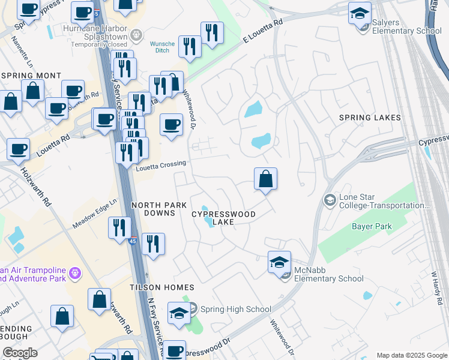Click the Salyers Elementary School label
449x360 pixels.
click(x=406, y=26)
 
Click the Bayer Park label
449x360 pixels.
click(x=372, y=227)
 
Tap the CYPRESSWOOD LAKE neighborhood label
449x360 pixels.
click(x=223, y=218)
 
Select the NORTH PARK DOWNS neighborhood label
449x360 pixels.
click(x=159, y=209)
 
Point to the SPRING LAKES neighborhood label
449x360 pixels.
click(x=370, y=118)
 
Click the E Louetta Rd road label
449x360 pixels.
click(x=263, y=31)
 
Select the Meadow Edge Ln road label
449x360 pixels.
click(x=94, y=214)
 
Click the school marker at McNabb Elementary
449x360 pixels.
click(x=279, y=262)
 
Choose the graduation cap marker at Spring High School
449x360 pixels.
click(x=179, y=313)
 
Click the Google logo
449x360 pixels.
click(x=20, y=353)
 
